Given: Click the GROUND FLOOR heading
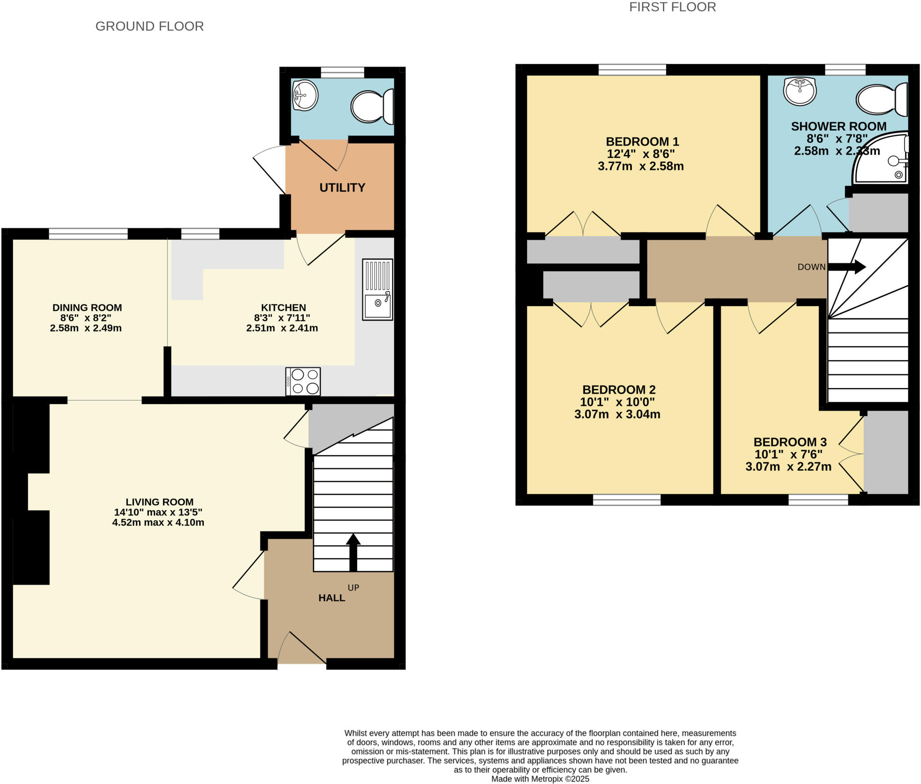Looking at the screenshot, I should click(149, 26).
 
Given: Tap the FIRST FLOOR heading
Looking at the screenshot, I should click(672, 7).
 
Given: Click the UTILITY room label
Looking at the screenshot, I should click(342, 187).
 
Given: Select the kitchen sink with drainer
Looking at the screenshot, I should click(377, 290).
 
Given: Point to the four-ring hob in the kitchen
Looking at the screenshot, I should click(303, 382).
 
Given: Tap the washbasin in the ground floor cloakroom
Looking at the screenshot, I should click(305, 95).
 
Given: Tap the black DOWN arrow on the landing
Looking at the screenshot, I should click(846, 267).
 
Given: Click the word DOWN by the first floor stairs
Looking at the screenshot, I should click(811, 267).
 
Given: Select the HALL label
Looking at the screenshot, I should click(331, 598).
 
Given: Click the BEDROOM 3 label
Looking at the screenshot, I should click(790, 442).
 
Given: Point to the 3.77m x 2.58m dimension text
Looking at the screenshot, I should click(640, 166).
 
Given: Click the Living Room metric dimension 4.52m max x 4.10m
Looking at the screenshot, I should click(158, 522).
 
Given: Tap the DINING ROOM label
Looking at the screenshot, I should click(87, 307).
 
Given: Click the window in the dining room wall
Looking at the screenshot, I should click(88, 234).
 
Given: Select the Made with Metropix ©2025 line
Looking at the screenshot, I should click(540, 779).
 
